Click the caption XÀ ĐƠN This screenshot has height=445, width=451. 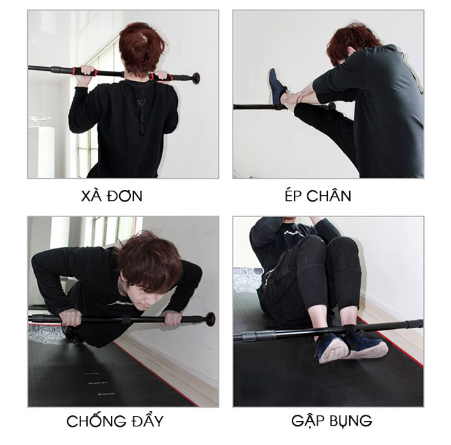(111, 196)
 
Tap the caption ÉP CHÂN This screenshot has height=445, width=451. (318, 195)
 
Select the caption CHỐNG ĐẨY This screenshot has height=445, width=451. (115, 421)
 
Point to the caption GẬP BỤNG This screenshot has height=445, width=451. (331, 421)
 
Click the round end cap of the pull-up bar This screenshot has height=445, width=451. (197, 78)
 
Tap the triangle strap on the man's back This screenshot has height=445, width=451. (142, 103)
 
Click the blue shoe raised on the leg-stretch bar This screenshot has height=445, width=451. (276, 86)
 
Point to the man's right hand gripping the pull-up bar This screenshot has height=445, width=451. (160, 77)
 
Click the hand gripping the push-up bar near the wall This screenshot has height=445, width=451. (171, 319)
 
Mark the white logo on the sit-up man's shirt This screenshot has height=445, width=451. (294, 233)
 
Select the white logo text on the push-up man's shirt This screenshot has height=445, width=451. (120, 303)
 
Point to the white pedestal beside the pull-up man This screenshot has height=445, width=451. (42, 152)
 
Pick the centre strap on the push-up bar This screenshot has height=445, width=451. (126, 319)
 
